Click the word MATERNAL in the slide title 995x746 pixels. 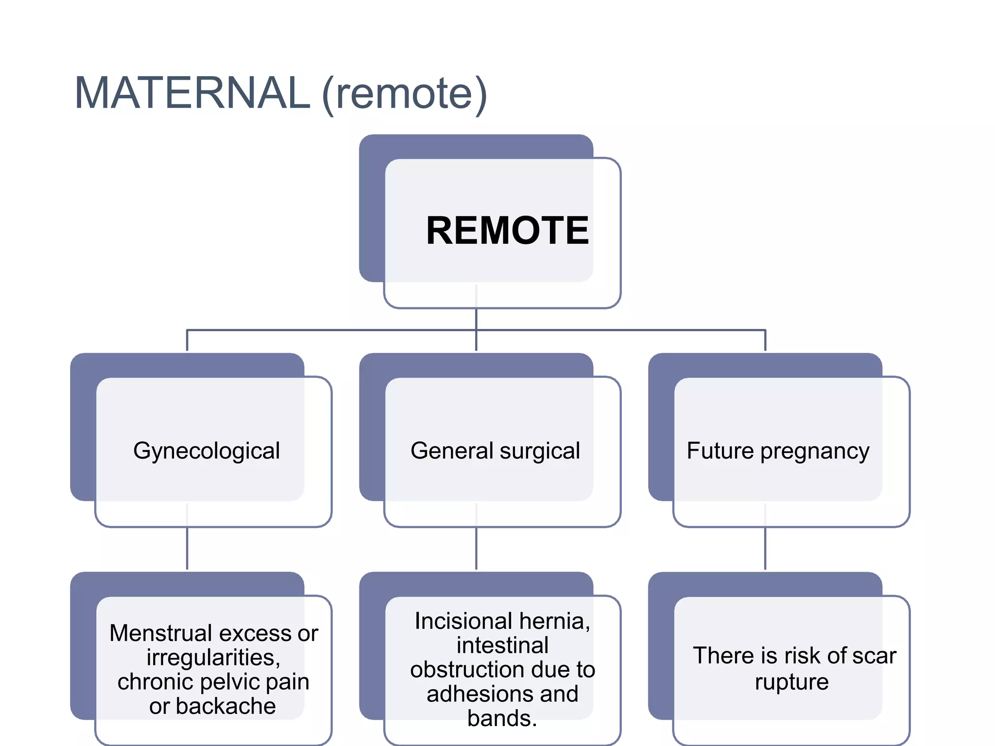point(192,93)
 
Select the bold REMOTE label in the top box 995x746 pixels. point(507,231)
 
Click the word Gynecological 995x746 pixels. point(206,451)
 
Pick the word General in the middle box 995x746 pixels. point(452,451)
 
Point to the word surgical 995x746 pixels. point(540,451)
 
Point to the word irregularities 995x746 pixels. point(213,658)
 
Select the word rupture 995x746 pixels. point(791,682)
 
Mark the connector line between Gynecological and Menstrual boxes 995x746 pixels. point(187,549)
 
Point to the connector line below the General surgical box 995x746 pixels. point(476,549)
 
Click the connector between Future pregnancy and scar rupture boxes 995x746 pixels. point(765,549)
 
